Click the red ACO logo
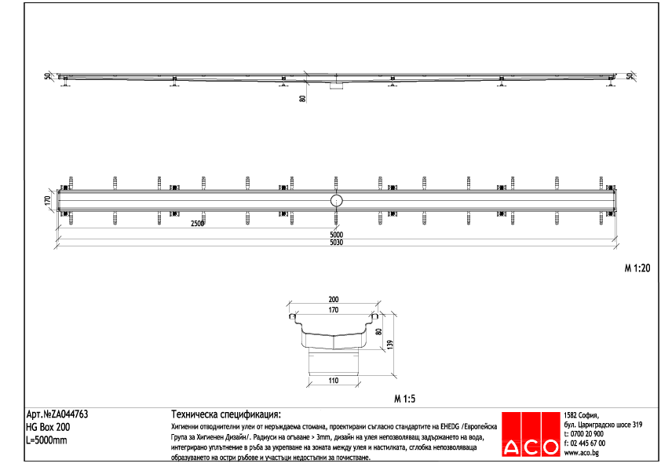[x=531, y=434]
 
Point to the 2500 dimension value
[x=197, y=224]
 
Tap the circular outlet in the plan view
[x=337, y=201]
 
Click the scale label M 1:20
[x=637, y=268]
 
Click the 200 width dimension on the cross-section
[x=333, y=300]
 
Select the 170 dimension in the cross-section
[x=333, y=311]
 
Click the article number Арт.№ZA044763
[x=57, y=414]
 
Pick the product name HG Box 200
[x=48, y=427]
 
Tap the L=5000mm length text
[x=46, y=440]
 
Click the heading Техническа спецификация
[x=225, y=414]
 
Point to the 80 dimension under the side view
[x=303, y=99]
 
